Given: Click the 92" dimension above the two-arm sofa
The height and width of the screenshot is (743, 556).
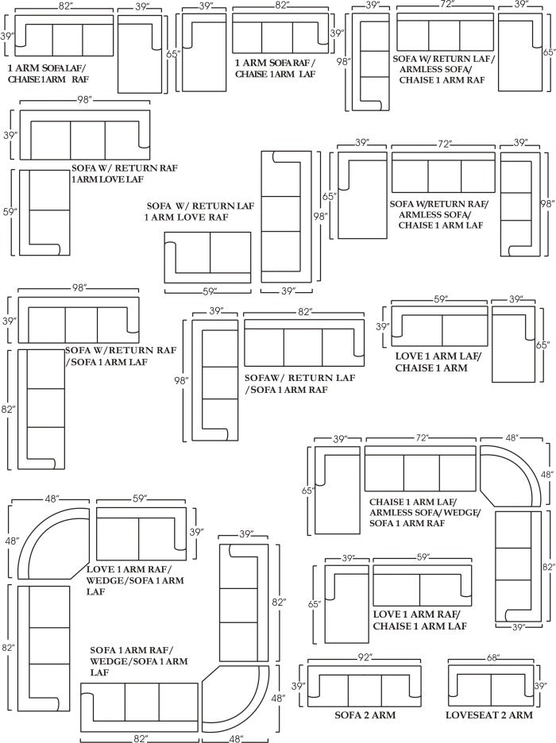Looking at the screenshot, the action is click(x=365, y=656).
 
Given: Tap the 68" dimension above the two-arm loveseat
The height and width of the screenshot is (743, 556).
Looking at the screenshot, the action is click(x=492, y=657).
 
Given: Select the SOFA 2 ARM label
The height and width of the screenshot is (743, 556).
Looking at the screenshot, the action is click(x=365, y=715).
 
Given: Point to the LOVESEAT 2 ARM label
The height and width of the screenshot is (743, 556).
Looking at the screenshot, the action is click(x=489, y=715).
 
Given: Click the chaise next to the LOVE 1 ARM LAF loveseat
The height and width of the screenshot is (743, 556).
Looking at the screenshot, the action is click(x=513, y=344).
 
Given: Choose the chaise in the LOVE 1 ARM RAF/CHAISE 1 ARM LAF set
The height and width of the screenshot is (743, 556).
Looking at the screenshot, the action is click(x=347, y=603).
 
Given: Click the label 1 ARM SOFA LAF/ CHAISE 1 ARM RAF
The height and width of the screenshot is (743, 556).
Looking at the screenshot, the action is click(x=48, y=74).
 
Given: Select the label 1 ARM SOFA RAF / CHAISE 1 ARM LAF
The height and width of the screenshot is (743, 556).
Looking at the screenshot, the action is click(x=275, y=68).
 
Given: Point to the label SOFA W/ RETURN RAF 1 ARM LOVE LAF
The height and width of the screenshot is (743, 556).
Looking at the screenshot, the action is click(x=125, y=173).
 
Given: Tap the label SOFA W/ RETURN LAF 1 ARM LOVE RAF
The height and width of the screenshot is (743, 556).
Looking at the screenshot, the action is click(x=199, y=211).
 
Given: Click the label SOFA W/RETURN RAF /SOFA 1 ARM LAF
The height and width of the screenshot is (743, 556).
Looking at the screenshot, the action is click(x=121, y=356).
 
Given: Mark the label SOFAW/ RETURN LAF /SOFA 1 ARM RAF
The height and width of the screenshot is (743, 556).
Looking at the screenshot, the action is click(x=300, y=384).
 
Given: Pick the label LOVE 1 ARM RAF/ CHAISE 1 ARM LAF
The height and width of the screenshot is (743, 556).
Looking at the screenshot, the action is click(x=420, y=620).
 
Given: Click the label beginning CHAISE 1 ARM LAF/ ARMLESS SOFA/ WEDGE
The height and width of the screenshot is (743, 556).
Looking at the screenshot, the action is click(x=425, y=512).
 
